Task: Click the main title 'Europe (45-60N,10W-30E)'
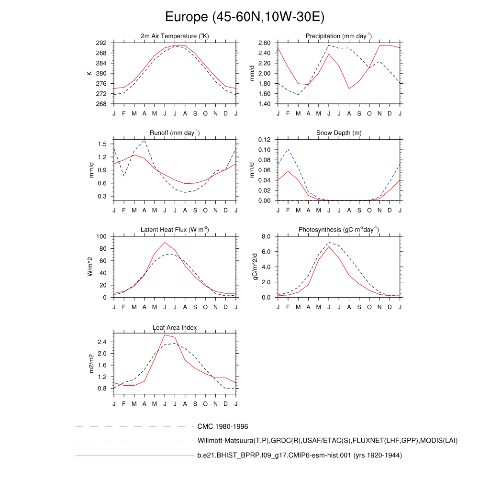(245, 18)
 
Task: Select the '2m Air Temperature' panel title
(175, 36)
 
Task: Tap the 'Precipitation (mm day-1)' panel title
(339, 36)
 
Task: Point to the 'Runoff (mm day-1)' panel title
(175, 133)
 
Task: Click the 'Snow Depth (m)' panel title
(339, 133)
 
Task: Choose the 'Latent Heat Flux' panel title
(175, 230)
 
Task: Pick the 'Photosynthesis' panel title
(339, 230)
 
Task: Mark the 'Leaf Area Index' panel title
(175, 328)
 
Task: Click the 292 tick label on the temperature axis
(101, 43)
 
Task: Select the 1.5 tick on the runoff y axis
(103, 144)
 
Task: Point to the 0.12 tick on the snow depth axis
(265, 140)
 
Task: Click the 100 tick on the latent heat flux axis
(101, 236)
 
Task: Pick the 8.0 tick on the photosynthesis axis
(267, 236)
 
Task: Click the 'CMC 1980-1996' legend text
(223, 426)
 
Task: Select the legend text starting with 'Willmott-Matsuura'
(327, 441)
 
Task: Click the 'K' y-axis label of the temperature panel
(89, 73)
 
